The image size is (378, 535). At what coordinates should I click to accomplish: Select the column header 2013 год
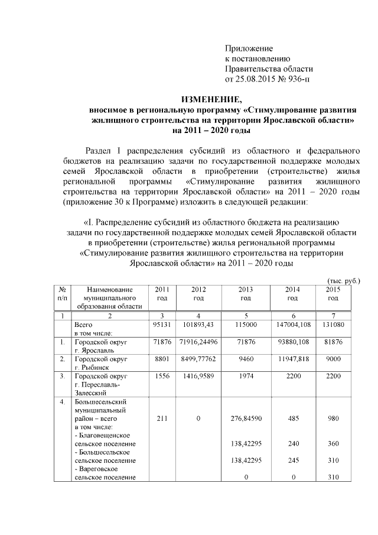[245, 294]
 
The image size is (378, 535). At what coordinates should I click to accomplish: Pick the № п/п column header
[61, 294]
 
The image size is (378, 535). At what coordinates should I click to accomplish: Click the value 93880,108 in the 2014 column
[292, 342]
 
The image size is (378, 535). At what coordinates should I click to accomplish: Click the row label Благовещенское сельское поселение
[104, 439]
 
